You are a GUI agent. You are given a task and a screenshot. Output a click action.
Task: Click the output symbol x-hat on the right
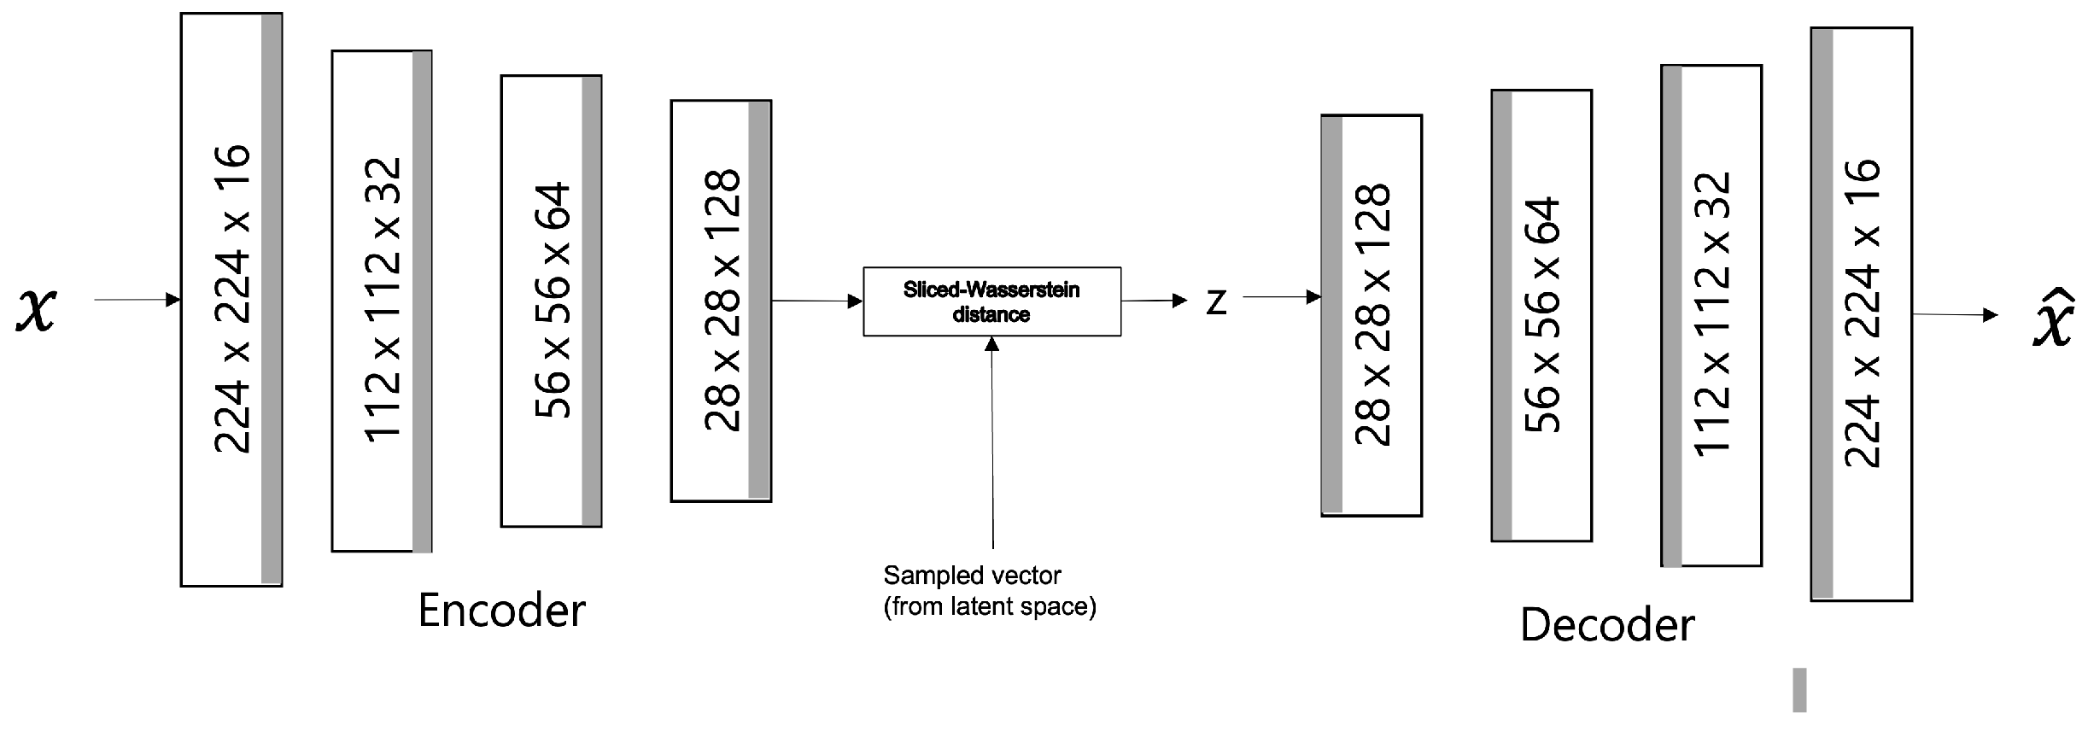point(2053,319)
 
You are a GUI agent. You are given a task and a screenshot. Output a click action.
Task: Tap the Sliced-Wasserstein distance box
point(991,301)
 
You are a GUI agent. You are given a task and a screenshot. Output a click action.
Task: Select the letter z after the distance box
point(1216,302)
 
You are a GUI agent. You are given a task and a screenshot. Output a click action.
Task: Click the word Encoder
point(502,611)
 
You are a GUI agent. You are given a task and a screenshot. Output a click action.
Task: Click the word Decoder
point(1607,625)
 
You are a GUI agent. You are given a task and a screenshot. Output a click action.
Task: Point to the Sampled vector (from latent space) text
point(989,591)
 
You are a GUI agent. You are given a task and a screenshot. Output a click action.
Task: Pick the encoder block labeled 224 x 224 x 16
point(231,300)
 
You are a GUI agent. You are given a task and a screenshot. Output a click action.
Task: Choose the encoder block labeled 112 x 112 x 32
point(382,301)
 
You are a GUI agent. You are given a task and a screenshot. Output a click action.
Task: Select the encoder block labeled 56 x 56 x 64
point(551,301)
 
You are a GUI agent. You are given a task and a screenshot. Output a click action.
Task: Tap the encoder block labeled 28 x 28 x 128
point(721,301)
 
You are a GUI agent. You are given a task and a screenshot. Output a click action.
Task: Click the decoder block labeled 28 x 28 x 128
point(1372,315)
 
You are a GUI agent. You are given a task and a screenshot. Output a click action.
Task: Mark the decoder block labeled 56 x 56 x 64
point(1541,315)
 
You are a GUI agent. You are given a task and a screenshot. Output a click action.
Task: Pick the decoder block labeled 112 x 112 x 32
point(1711,315)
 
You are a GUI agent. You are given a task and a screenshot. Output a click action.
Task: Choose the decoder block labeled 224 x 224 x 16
point(1862,314)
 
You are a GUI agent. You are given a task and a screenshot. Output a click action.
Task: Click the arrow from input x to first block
point(137,300)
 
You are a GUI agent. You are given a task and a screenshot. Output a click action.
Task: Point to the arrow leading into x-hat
point(1955,315)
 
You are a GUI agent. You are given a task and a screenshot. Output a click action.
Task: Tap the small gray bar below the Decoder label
point(1799,690)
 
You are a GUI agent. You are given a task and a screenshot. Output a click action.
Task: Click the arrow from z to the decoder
point(1282,297)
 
